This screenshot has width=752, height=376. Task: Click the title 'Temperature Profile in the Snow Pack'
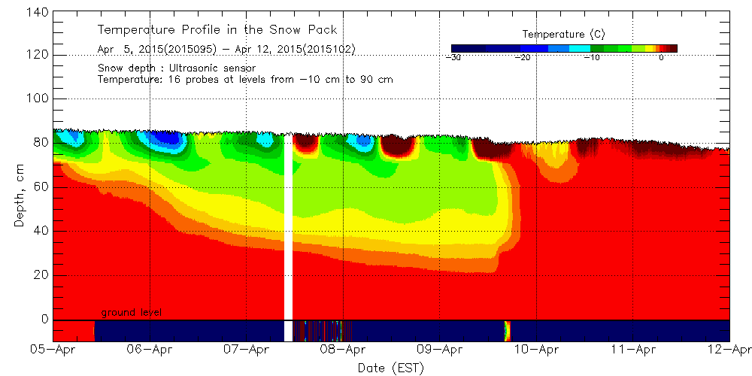click(217, 30)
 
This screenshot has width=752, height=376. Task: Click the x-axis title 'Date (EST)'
click(390, 368)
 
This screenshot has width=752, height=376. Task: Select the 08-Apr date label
click(343, 350)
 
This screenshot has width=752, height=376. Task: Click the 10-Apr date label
click(536, 350)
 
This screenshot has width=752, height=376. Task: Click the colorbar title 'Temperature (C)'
click(563, 34)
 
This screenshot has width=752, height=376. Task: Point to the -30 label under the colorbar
click(453, 57)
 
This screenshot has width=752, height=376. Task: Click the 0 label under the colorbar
click(660, 57)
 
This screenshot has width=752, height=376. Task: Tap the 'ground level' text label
click(132, 312)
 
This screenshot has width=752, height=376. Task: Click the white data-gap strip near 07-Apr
click(288, 226)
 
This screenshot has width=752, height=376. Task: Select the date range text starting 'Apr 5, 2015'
click(226, 49)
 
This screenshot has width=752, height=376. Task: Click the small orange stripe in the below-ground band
click(506, 330)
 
